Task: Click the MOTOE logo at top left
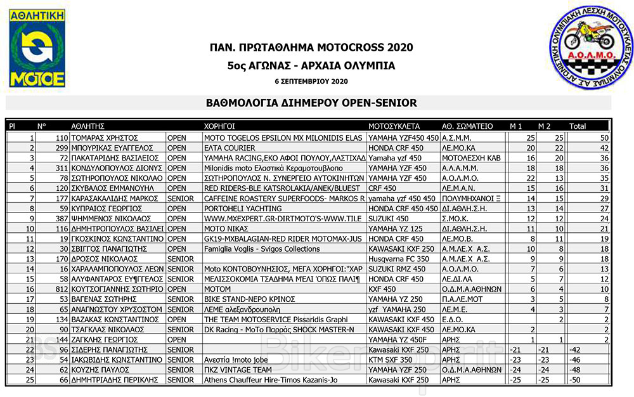(37, 48)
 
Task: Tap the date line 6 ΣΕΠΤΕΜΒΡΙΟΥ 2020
(311, 82)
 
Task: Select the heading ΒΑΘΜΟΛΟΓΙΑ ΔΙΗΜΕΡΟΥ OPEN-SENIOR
(311, 103)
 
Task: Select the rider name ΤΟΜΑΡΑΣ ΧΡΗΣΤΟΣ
(110, 138)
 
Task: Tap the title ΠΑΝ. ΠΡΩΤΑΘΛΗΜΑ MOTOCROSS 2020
(311, 48)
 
